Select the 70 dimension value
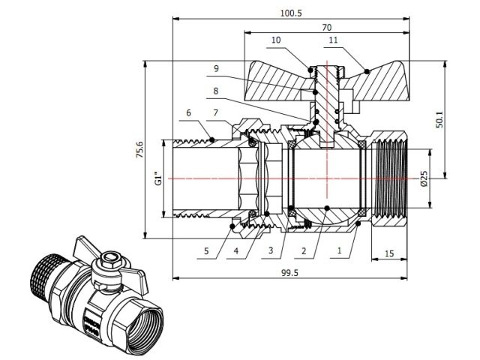click(x=327, y=27)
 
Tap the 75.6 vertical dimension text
click(x=140, y=151)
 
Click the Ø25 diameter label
click(x=424, y=178)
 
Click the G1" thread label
click(x=157, y=179)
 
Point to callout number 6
click(x=188, y=113)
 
